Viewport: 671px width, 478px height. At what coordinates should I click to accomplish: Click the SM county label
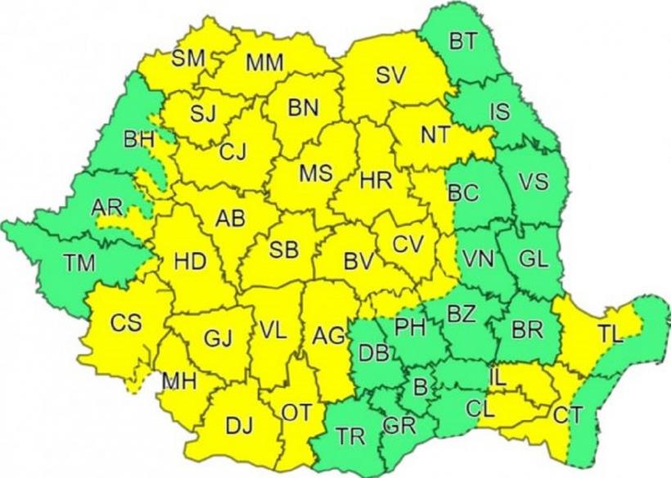point(187,58)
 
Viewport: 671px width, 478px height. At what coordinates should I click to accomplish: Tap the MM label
point(264,62)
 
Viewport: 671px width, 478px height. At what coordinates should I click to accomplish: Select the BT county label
point(466,41)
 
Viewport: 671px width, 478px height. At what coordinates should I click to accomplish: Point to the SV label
point(391,74)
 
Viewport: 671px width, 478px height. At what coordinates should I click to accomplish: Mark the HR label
point(376,178)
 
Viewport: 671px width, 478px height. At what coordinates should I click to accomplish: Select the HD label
point(190,263)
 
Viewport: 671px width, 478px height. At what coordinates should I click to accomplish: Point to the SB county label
point(283,250)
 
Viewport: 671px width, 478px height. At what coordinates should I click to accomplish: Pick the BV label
point(358,263)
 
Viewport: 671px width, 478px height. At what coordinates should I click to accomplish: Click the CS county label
point(126,322)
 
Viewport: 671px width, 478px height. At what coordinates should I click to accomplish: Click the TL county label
point(610,333)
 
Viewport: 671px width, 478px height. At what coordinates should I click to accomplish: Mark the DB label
point(374,354)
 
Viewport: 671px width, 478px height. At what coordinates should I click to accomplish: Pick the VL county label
point(272,331)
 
